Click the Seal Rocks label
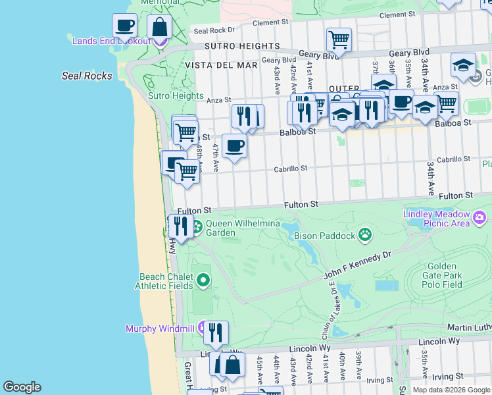pos(87,76)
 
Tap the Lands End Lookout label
pos(112,41)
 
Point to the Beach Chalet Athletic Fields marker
pos(203,281)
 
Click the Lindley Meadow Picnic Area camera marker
pos(480,217)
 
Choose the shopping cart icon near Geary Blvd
pos(339,39)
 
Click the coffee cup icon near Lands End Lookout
pos(124,26)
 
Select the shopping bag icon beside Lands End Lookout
pos(159,27)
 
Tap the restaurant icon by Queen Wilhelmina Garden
pos(180,226)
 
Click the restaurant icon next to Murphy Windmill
pos(215,332)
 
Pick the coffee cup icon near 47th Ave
pos(234,145)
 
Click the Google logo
pos(22,387)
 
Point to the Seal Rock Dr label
pos(214,30)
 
